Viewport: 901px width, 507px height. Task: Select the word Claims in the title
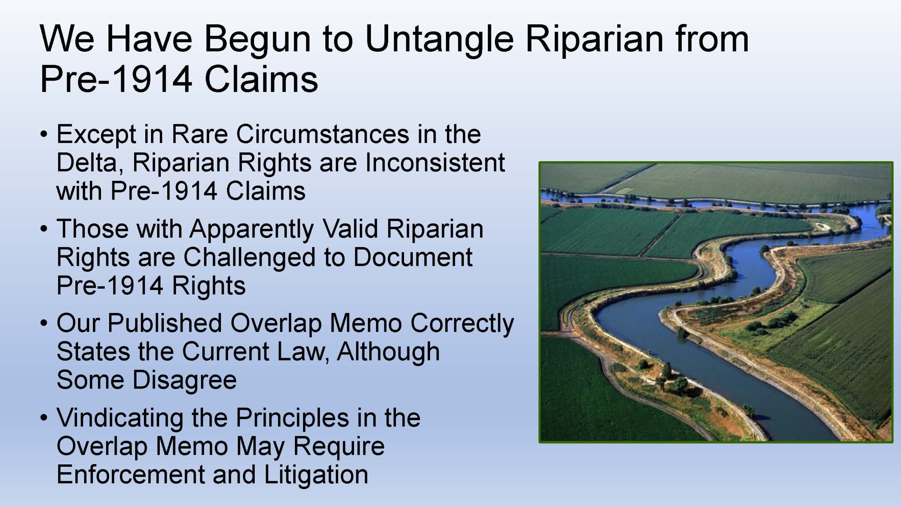coord(261,80)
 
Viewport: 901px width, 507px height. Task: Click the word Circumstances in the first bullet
coord(323,134)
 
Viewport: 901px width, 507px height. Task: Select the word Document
coord(412,257)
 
